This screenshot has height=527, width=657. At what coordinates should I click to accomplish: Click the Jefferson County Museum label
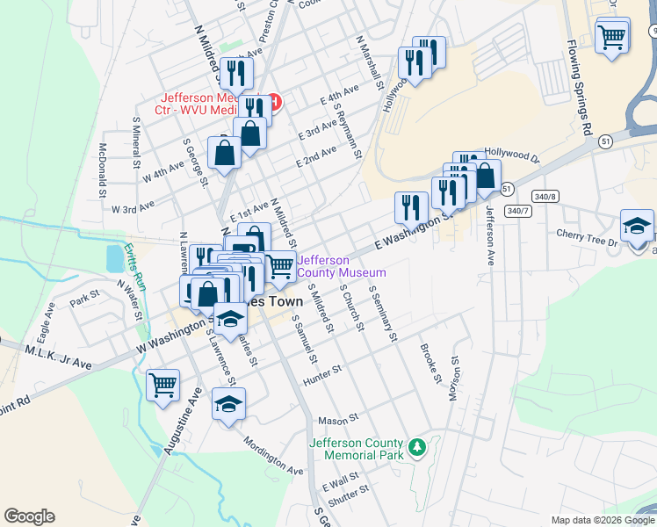(x=342, y=265)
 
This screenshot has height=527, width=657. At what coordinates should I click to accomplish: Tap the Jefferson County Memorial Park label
(x=356, y=449)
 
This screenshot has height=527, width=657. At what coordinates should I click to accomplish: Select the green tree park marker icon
(x=419, y=448)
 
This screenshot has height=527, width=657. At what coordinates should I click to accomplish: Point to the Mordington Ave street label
(x=273, y=456)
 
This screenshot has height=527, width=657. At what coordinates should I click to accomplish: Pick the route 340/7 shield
(x=518, y=211)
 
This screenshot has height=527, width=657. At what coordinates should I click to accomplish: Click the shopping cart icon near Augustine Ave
(x=162, y=385)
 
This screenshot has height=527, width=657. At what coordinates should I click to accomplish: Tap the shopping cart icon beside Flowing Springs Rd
(x=611, y=37)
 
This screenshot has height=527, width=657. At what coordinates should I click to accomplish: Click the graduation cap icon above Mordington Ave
(x=229, y=404)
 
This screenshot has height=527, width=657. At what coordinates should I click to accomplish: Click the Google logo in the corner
(x=29, y=516)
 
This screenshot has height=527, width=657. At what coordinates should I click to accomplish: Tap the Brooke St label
(x=430, y=363)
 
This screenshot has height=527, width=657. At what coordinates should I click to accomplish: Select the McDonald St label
(x=103, y=170)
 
